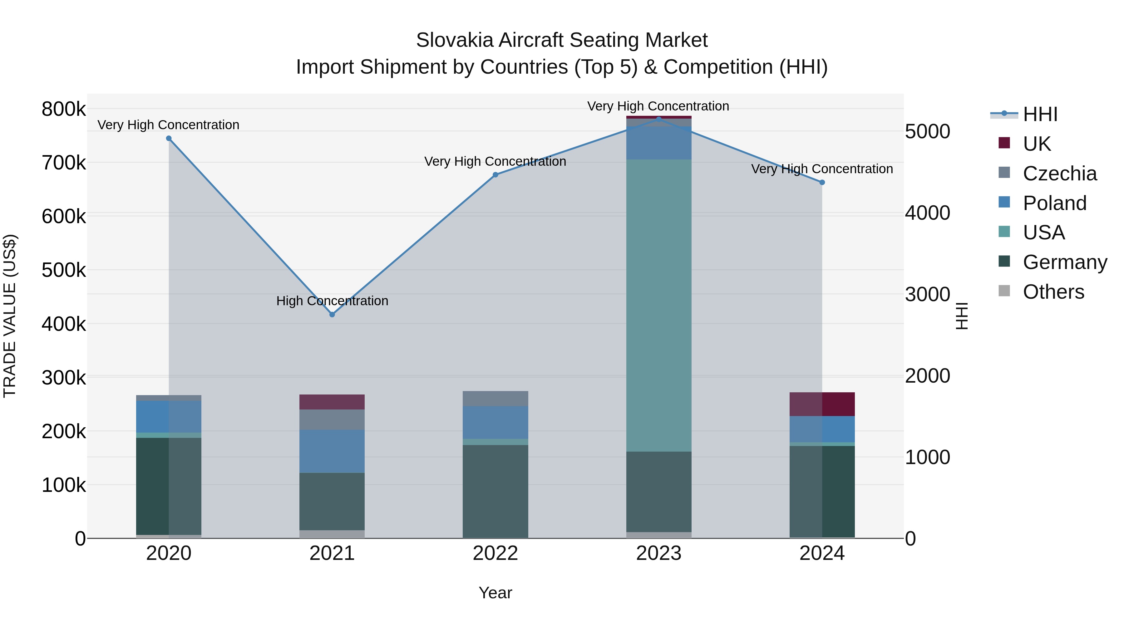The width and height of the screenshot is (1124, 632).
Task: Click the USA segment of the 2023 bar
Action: [x=658, y=305]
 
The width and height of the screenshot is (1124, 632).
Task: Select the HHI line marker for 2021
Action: [x=332, y=315]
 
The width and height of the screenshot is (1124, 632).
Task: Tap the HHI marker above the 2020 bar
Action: [x=169, y=139]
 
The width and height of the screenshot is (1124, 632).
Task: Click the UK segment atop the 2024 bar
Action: [x=822, y=404]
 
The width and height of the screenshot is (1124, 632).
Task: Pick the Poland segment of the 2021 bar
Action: [x=332, y=451]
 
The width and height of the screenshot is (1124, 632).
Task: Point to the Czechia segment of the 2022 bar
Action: [x=495, y=399]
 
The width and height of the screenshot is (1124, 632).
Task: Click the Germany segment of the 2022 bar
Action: [x=495, y=491]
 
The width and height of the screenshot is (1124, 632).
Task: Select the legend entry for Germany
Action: [x=1065, y=262]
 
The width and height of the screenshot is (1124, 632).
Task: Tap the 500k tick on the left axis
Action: [x=64, y=270]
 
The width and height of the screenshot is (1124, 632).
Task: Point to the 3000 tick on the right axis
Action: [x=927, y=294]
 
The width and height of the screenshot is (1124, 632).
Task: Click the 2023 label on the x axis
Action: [x=658, y=553]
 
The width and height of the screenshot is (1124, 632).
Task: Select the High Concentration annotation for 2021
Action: [x=332, y=301]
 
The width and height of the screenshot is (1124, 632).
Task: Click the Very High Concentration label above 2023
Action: [x=658, y=106]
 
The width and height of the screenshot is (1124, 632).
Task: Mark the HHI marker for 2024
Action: [x=822, y=182]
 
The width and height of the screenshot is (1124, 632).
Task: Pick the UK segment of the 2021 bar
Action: [x=332, y=402]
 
